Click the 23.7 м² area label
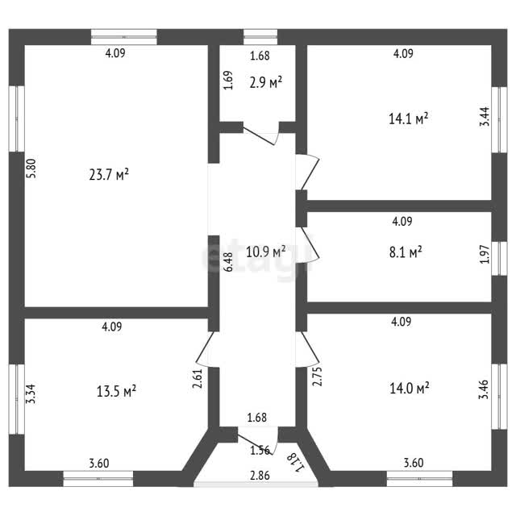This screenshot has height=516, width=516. [x=109, y=174]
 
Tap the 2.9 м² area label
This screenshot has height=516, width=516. [x=266, y=82]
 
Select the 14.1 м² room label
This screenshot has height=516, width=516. [x=409, y=119]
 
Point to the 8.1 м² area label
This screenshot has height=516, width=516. [x=406, y=252]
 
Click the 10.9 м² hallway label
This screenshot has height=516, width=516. [x=266, y=252]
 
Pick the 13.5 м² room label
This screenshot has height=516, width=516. [x=116, y=391]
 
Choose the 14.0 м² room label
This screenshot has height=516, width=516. [x=410, y=389]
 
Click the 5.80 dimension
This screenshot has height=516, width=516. [x=31, y=169]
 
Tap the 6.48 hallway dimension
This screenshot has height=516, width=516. [x=228, y=262]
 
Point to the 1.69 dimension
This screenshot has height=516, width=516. [x=228, y=80]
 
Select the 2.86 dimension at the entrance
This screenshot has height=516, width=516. [x=260, y=476]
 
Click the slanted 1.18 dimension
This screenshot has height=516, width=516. [x=296, y=461]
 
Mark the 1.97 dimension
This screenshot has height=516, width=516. [x=485, y=254]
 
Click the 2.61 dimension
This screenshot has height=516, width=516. [x=198, y=378]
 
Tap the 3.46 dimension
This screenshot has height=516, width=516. [x=484, y=389]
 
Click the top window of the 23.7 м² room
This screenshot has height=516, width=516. [x=123, y=37]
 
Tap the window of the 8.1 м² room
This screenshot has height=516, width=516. [x=499, y=258]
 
